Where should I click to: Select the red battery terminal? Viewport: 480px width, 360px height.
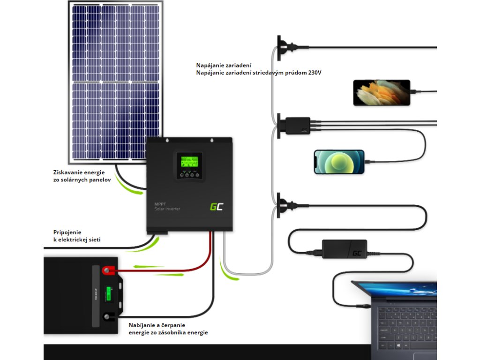(108, 270)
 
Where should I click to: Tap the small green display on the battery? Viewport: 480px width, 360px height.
(109, 294)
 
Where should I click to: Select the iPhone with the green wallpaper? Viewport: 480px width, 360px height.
(339, 162)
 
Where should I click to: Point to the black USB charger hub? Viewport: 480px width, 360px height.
(295, 126)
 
